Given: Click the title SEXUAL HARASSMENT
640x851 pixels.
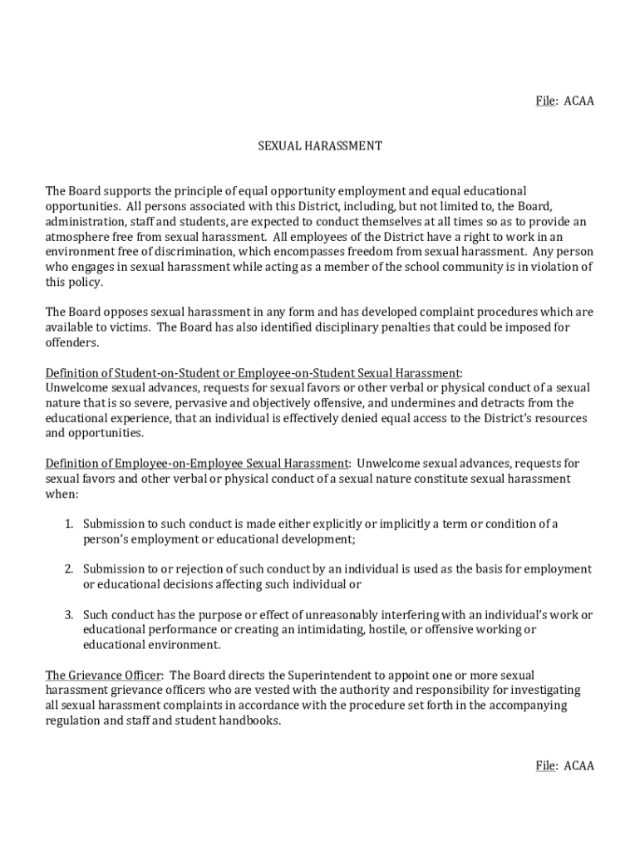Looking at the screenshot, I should [319, 145].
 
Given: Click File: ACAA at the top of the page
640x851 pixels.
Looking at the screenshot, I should [564, 101].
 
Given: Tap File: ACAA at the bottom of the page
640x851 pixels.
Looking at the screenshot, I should [564, 765].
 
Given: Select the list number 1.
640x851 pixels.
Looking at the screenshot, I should [69, 524].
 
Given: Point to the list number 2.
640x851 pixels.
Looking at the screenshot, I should [69, 569].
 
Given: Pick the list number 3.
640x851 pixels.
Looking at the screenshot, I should [69, 615].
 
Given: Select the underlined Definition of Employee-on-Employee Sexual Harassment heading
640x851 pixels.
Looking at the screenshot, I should [197, 463].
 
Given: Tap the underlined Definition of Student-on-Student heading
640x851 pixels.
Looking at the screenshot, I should [252, 372].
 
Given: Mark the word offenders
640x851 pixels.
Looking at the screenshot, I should [71, 342].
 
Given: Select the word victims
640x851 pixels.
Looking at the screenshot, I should [130, 327].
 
